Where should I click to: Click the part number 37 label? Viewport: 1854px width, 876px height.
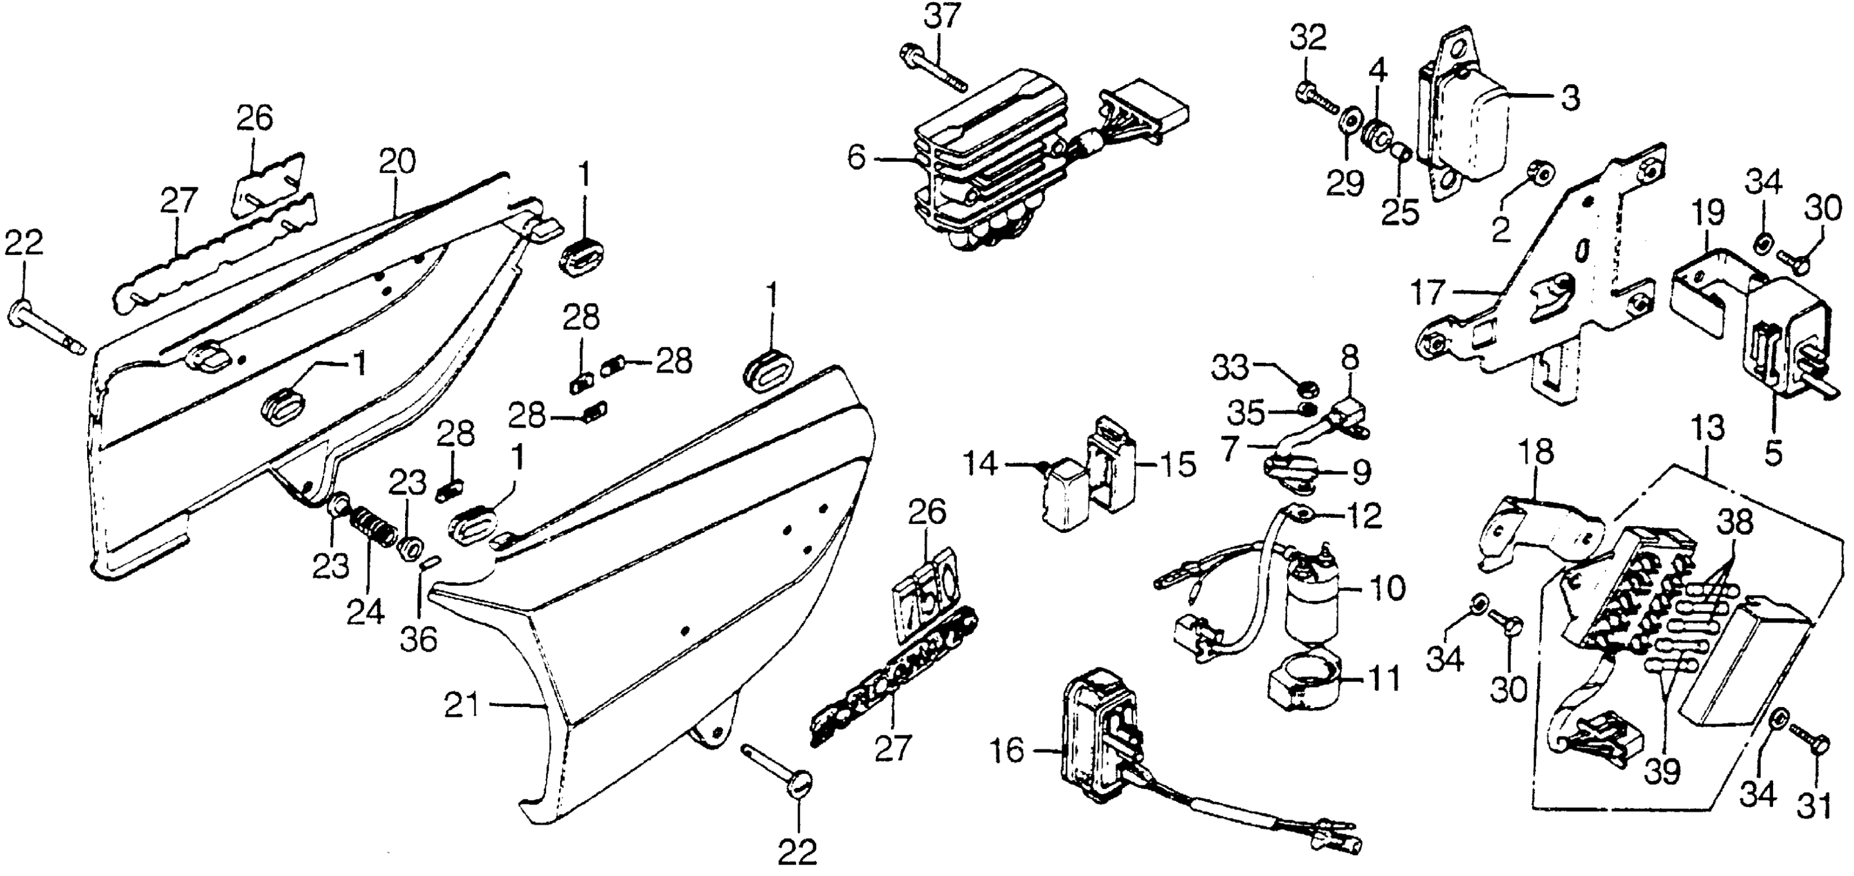click(x=943, y=16)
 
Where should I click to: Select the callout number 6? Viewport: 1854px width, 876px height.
click(x=856, y=158)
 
